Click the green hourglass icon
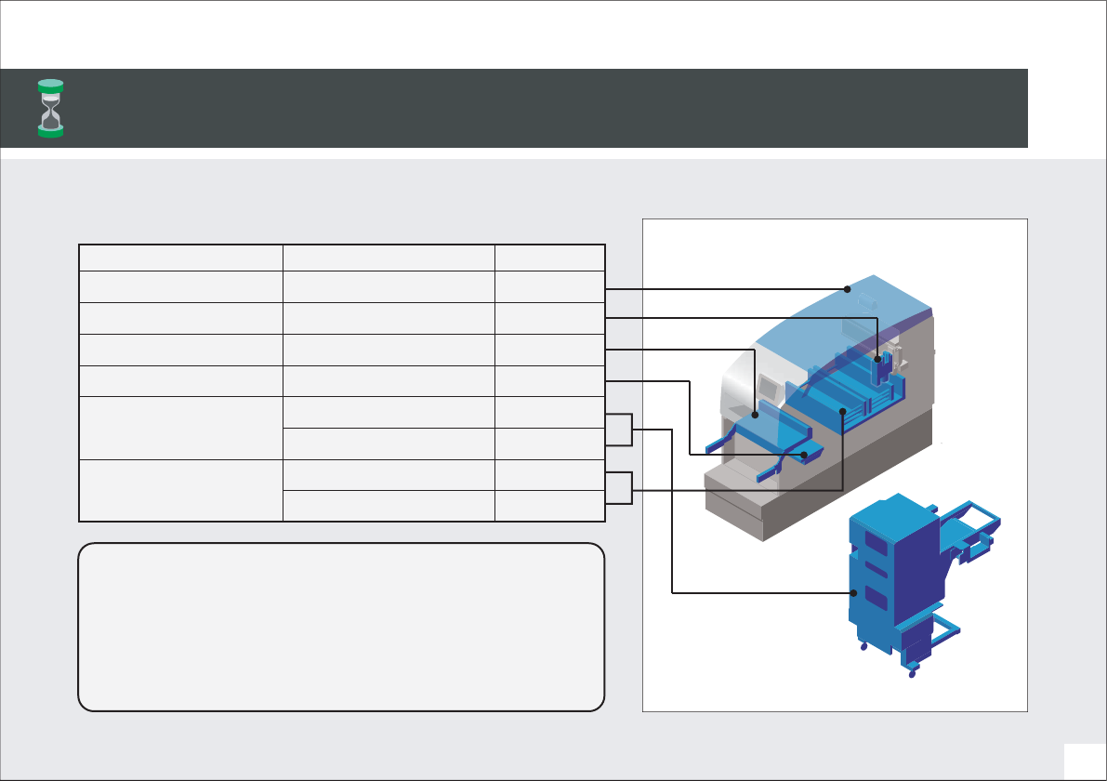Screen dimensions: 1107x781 pos(50,108)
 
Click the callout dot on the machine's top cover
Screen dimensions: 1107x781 pos(848,289)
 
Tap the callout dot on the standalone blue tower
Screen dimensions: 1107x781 pos(852,592)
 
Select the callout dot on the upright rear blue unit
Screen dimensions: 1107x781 pos(877,358)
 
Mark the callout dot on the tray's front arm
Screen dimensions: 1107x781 pos(805,454)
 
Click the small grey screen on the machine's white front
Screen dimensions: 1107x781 pos(769,383)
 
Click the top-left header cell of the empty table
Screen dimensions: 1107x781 pos(181,258)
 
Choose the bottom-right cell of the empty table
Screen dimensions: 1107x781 pos(550,506)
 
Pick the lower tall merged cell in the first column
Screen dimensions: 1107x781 pos(181,490)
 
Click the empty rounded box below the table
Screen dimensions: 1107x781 pos(341,627)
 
